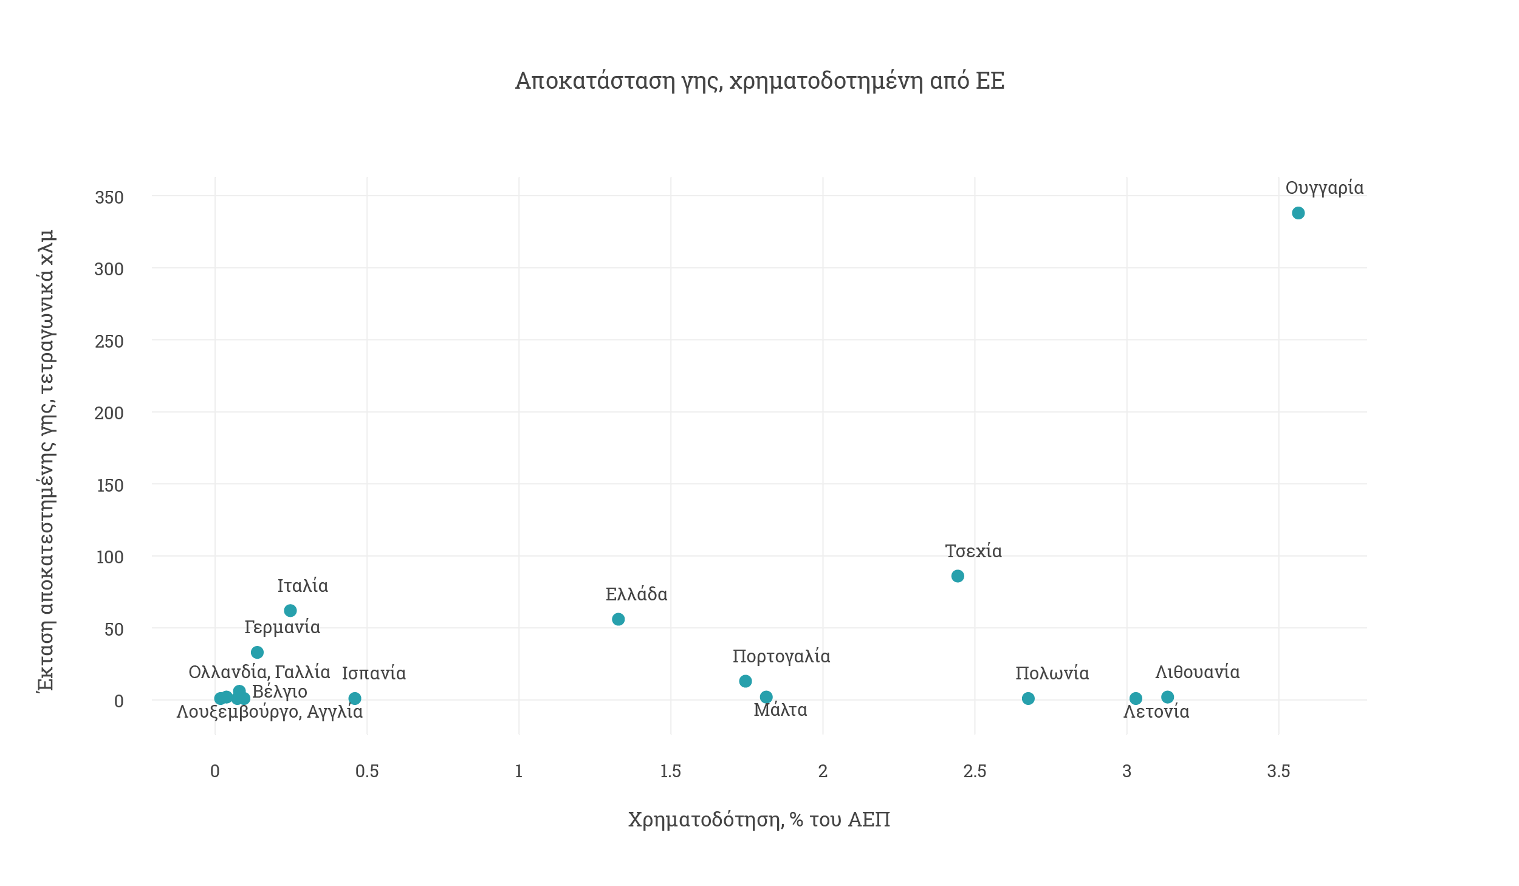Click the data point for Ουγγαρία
[x=1298, y=213]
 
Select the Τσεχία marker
[x=958, y=576]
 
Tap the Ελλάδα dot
[x=618, y=619]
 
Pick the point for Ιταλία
[x=290, y=610]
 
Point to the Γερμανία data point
[x=257, y=652]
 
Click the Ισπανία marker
[x=355, y=698]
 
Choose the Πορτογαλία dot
[x=746, y=681]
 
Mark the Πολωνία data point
[x=1028, y=698]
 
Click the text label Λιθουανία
[x=1198, y=672]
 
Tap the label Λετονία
[x=1156, y=712]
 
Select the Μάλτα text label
[x=780, y=710]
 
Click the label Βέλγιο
[x=279, y=692]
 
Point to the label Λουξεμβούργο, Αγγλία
[x=270, y=712]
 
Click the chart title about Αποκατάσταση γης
[x=759, y=81]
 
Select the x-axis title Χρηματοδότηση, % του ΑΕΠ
[x=759, y=819]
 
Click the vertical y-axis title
[x=46, y=461]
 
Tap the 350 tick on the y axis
[x=109, y=197]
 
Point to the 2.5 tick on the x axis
[x=975, y=771]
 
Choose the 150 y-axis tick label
[x=110, y=486]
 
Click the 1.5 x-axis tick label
[x=671, y=771]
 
